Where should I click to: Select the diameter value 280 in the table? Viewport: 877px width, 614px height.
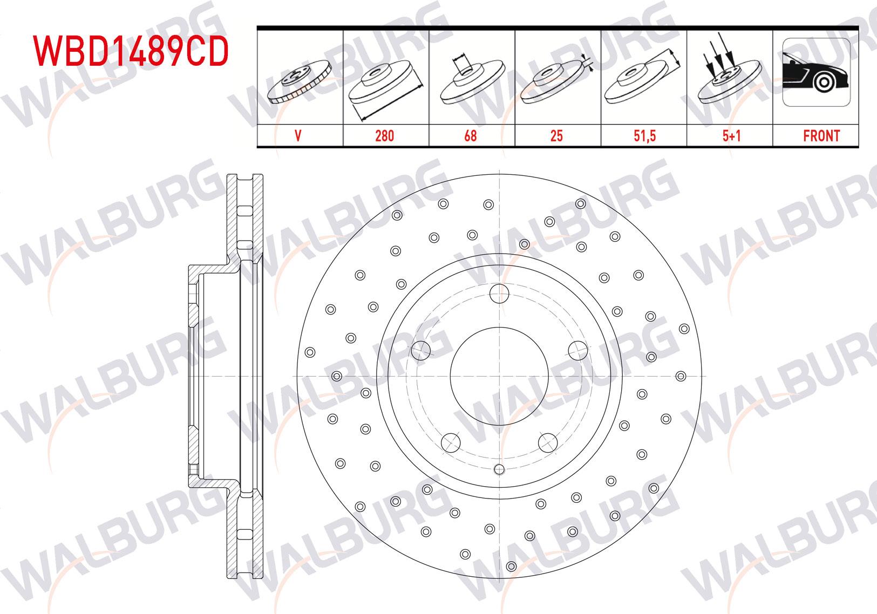[x=384, y=135]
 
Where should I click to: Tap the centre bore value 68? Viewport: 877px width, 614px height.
[x=471, y=135]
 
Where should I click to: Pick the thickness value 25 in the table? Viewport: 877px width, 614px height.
[x=556, y=135]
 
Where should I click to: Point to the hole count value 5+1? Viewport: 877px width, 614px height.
[x=731, y=135]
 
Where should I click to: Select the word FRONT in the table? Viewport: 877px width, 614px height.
[x=821, y=135]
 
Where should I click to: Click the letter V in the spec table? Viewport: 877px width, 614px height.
[x=298, y=135]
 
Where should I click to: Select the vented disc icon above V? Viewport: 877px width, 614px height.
[x=299, y=81]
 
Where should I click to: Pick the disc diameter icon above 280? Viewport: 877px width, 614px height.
[x=384, y=86]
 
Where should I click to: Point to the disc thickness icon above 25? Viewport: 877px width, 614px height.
[x=556, y=81]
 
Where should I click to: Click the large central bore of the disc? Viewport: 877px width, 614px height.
[x=500, y=376]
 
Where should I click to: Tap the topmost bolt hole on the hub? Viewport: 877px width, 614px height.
[x=500, y=294]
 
